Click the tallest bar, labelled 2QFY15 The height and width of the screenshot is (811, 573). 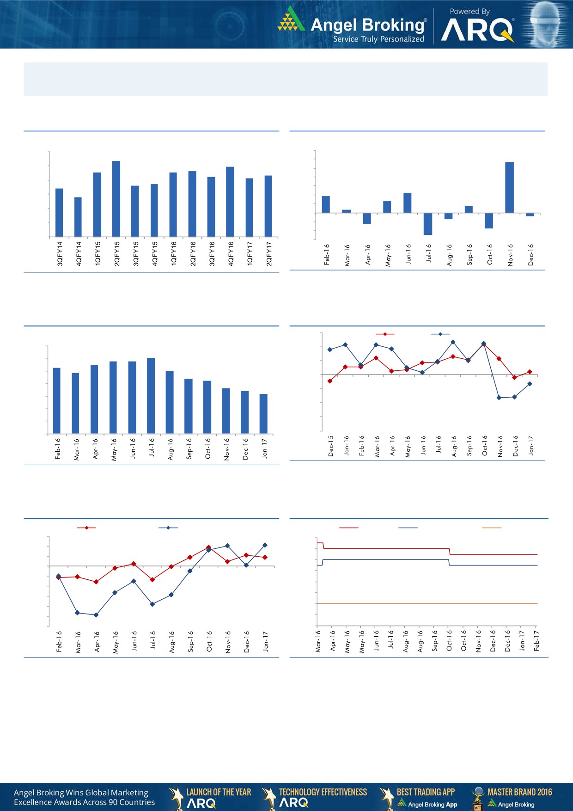click(x=116, y=199)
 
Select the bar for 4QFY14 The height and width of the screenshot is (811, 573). click(x=78, y=217)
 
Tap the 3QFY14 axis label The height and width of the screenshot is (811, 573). click(x=60, y=253)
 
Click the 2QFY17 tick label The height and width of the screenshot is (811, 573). click(x=269, y=253)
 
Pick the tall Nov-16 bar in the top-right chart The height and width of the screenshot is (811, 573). click(x=510, y=187)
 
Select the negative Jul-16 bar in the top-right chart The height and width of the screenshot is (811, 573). click(x=428, y=224)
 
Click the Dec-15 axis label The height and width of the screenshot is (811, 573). click(x=331, y=446)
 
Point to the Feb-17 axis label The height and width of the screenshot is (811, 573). click(x=536, y=641)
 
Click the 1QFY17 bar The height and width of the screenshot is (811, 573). click(x=250, y=208)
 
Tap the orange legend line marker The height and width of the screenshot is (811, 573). click(x=492, y=528)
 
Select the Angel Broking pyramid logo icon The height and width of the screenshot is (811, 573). click(x=291, y=19)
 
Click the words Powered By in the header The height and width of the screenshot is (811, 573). click(x=469, y=12)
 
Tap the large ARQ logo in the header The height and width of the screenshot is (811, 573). click(x=477, y=31)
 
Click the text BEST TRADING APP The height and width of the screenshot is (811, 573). click(x=426, y=792)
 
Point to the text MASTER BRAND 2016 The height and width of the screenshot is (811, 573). click(x=519, y=792)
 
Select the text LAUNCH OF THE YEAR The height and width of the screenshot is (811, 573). click(x=219, y=792)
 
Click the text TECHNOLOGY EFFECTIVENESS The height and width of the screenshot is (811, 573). click(x=323, y=792)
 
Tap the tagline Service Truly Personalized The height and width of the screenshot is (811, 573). click(x=378, y=39)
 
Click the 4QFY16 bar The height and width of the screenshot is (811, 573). click(x=230, y=202)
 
